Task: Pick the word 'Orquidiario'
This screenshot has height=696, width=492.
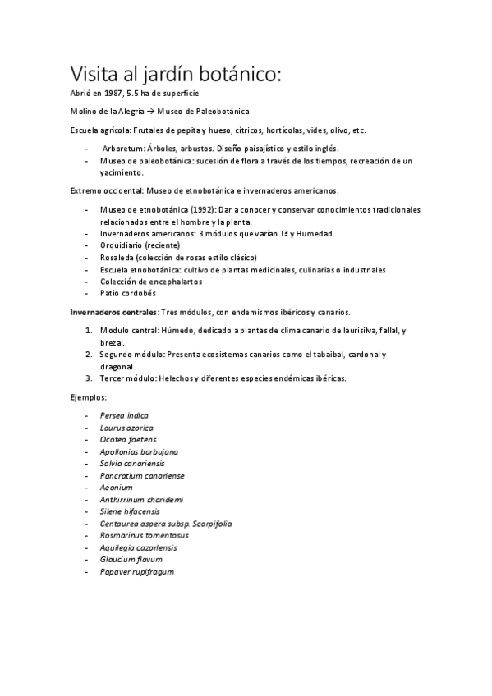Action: coord(122,245)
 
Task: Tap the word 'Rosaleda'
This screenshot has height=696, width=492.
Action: coord(118,258)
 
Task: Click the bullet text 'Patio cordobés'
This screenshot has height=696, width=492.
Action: coord(127,293)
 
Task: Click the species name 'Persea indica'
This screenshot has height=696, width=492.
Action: coord(124,416)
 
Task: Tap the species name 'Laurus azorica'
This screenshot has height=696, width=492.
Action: coord(126,428)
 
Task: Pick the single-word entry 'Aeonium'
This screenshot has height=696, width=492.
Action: coord(115,488)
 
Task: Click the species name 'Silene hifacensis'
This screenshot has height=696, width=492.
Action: coord(130,511)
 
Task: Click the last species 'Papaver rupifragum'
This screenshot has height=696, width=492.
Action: coord(136,571)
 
